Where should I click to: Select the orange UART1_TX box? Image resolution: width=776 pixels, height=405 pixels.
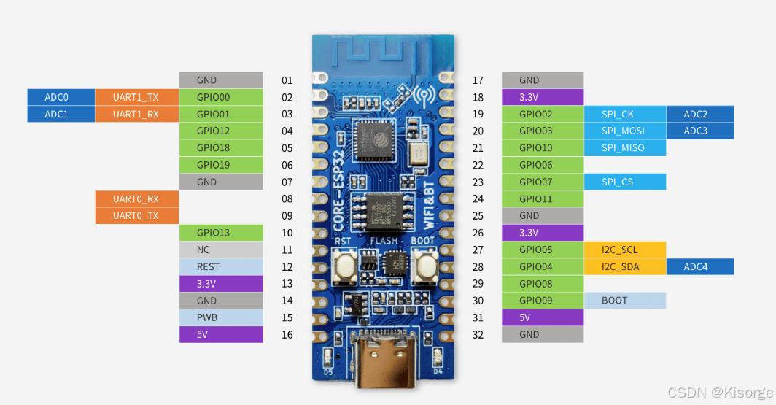[x=136, y=97]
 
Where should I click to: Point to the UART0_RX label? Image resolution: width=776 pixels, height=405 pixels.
[x=136, y=199]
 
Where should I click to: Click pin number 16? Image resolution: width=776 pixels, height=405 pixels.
[x=287, y=335]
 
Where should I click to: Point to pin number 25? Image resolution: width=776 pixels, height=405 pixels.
[x=478, y=216]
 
